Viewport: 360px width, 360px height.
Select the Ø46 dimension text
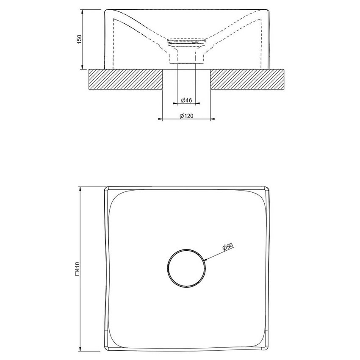tap(186, 100)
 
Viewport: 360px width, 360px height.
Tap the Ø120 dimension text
tap(186, 116)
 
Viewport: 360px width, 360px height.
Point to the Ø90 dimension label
tap(227, 246)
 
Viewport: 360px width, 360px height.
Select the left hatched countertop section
tap(125, 80)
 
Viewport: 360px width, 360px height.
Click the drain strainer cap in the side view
tap(187, 42)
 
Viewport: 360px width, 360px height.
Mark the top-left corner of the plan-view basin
tap(106, 188)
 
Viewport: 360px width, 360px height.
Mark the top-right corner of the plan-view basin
tap(268, 188)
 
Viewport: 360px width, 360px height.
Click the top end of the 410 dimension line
tap(80, 186)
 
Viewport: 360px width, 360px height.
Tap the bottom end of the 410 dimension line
tap(80, 351)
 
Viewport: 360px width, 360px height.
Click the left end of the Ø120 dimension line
tap(158, 119)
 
